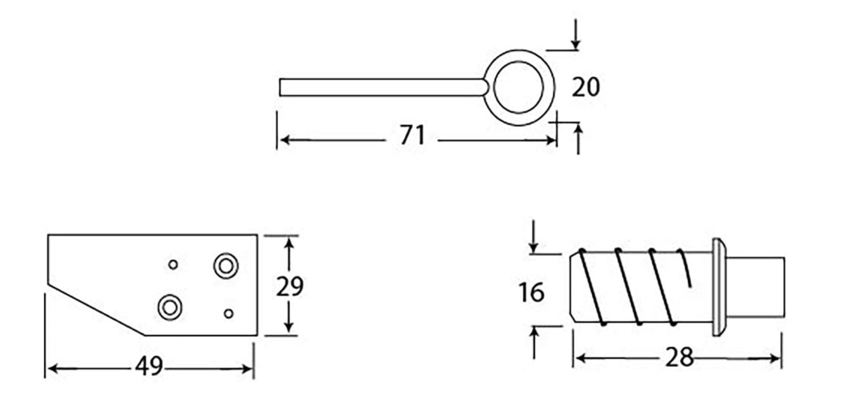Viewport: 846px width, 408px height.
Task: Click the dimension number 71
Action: (412, 135)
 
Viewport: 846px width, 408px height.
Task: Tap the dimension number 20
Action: (586, 87)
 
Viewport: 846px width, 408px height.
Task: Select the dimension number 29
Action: (290, 286)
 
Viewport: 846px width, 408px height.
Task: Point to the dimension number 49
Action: (149, 366)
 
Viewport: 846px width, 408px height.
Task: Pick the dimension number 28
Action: (679, 358)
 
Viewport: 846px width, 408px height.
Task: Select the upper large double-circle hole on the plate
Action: (226, 266)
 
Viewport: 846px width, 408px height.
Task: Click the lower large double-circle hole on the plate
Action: (170, 308)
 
